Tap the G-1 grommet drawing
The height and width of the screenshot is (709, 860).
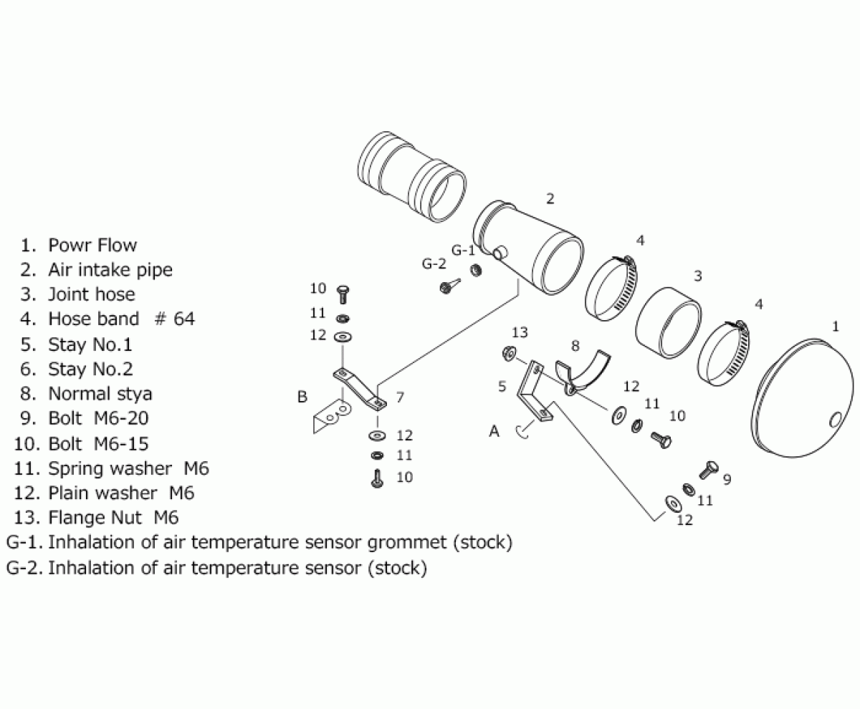click(474, 270)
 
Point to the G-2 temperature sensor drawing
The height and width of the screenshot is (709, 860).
click(446, 287)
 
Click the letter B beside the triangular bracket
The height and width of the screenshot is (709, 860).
click(302, 397)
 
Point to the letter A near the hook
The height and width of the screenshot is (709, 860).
click(494, 431)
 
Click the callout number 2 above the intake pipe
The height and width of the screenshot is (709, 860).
click(550, 198)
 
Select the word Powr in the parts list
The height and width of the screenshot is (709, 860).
click(68, 245)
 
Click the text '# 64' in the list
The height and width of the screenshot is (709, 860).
click(174, 319)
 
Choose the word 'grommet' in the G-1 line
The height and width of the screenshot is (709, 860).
click(406, 542)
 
